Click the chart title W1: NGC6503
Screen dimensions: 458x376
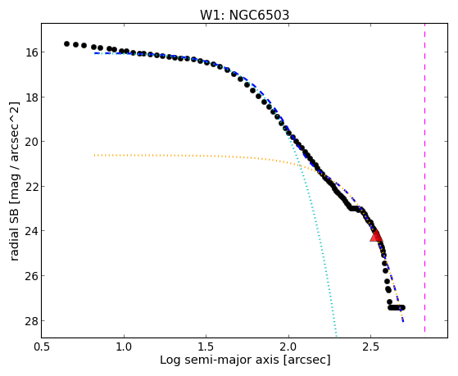click(244, 15)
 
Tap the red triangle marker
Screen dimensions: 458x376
click(376, 236)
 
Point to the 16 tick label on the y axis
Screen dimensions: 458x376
click(31, 52)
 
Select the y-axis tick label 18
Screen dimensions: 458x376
click(31, 97)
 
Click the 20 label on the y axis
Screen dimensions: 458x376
click(31, 142)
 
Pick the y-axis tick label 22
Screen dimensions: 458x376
click(31, 187)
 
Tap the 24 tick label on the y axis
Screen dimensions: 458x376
click(31, 231)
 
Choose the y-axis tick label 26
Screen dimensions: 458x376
click(31, 276)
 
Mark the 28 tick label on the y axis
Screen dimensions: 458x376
click(31, 321)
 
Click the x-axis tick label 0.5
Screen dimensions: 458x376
click(42, 347)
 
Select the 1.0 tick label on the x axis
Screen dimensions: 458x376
click(125, 347)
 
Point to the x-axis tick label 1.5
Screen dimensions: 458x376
click(206, 347)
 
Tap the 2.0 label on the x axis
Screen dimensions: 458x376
click(288, 347)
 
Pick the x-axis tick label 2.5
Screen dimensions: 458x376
click(370, 347)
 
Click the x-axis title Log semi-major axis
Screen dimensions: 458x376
click(220, 360)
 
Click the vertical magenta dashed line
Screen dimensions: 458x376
click(424, 178)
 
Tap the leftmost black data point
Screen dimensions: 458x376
click(66, 43)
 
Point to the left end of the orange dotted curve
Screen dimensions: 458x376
click(94, 155)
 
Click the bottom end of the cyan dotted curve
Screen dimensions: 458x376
click(337, 336)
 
